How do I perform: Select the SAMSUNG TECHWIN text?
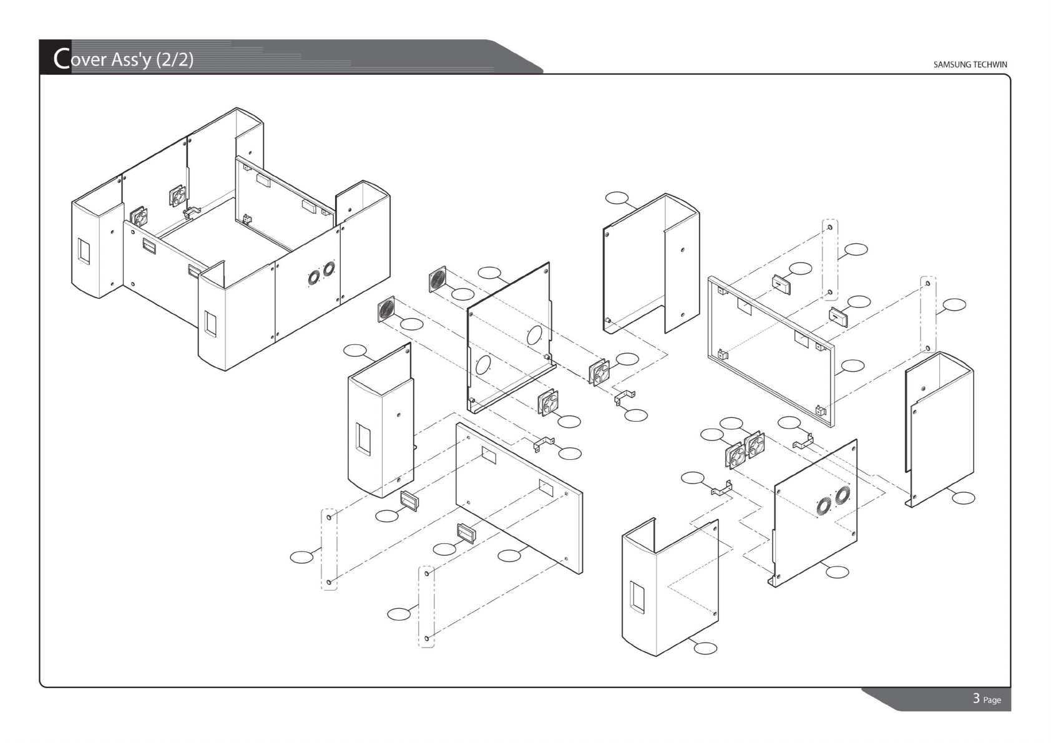(970, 64)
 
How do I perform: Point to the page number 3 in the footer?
(976, 698)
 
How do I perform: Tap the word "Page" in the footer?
(992, 700)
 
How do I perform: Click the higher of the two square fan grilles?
(438, 278)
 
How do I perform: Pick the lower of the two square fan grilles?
(386, 309)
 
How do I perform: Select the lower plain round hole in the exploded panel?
(482, 364)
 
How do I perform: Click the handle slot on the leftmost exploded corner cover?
(362, 438)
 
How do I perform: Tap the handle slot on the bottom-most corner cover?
(637, 596)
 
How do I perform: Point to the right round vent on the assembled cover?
(328, 268)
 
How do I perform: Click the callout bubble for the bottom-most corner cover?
(706, 648)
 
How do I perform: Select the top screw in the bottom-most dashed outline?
(426, 573)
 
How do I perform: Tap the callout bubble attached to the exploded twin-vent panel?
(837, 571)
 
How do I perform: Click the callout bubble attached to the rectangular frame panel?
(853, 366)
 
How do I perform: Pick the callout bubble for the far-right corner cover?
(963, 498)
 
